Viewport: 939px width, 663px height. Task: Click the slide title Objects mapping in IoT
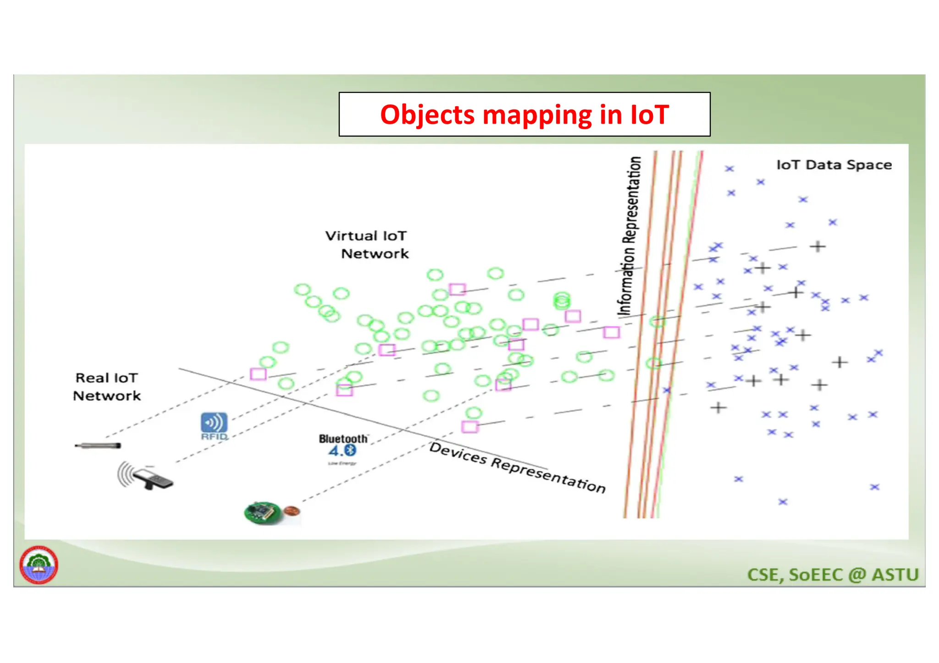pos(524,115)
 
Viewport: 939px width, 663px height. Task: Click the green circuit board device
pos(263,512)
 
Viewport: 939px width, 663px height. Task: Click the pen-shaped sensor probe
pos(98,445)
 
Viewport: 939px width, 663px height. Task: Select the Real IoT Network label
pos(107,387)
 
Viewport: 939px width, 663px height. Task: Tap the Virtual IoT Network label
pos(367,245)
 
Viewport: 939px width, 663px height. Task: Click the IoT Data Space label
pos(834,165)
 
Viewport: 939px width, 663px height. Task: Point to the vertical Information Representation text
pos(630,236)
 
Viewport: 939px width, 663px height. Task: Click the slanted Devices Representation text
pos(517,467)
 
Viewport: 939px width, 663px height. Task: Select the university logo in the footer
pos(39,564)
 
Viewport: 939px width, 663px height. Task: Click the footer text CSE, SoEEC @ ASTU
pos(833,575)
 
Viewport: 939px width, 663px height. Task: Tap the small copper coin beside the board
pos(291,510)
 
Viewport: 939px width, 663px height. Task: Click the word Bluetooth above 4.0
pos(343,438)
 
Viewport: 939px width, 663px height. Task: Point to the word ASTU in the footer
pos(895,575)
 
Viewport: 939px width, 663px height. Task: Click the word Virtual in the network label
pos(351,236)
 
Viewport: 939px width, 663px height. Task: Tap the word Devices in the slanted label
pos(458,453)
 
